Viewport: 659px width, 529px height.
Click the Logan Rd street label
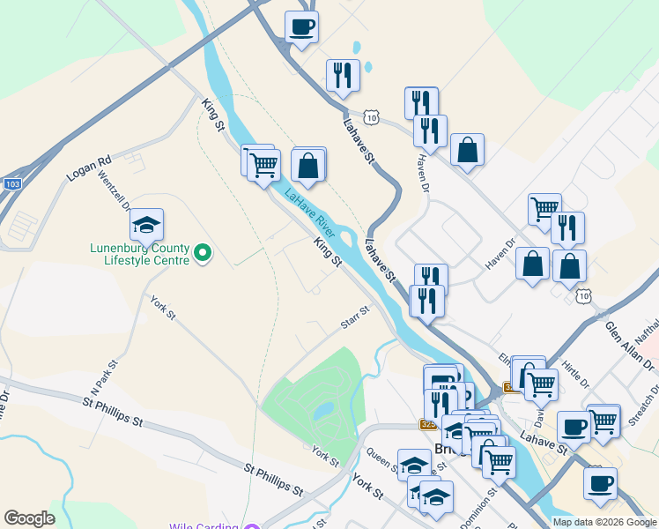click(90, 169)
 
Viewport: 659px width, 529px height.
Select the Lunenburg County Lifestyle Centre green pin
click(204, 255)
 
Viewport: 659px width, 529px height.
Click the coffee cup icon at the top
click(301, 26)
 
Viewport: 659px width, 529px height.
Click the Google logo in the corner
click(29, 518)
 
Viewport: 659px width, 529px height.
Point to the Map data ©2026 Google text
click(604, 522)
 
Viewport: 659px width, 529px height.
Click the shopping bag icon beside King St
click(308, 164)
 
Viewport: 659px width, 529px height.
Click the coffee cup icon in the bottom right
click(600, 482)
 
